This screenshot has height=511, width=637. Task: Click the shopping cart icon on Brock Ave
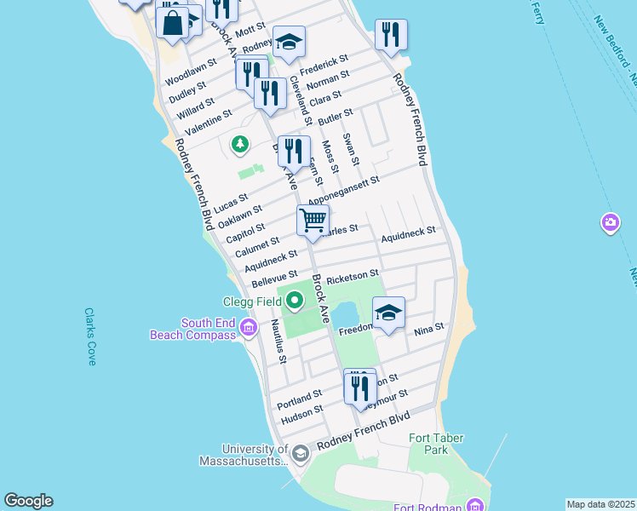[x=313, y=220]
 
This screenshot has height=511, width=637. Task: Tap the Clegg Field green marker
[x=295, y=300]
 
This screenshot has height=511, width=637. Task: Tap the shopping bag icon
[x=172, y=22]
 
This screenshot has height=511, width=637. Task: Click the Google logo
[x=28, y=501]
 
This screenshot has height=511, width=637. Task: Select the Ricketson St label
[x=353, y=275]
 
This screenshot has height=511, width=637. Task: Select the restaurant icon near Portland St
[x=359, y=388]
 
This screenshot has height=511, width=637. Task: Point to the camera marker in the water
[x=610, y=223]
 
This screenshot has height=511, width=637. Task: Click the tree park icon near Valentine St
[x=240, y=144]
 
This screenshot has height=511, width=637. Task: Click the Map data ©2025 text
[x=600, y=504]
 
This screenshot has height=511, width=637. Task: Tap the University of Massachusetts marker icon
[x=299, y=455]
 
